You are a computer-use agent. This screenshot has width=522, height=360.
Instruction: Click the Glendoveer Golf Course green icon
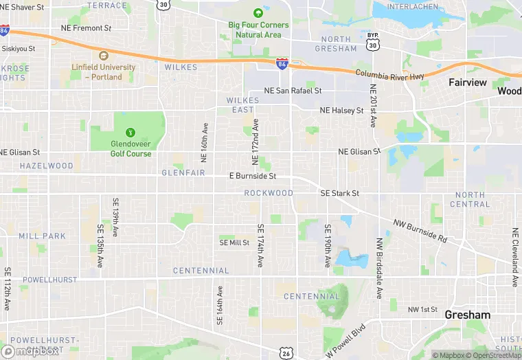click(x=130, y=132)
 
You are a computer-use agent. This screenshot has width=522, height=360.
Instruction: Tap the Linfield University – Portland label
click(x=103, y=72)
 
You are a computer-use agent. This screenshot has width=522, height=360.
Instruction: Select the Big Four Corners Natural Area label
click(x=258, y=30)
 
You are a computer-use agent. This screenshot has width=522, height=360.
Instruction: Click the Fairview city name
click(x=468, y=82)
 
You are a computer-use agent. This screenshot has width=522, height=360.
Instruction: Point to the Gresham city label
click(x=468, y=315)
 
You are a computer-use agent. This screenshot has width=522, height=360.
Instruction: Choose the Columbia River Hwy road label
click(x=390, y=74)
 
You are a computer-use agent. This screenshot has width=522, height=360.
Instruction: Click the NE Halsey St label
click(x=341, y=111)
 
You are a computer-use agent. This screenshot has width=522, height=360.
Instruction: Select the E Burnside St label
click(x=252, y=176)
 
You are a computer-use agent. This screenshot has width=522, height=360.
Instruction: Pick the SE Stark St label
click(x=339, y=194)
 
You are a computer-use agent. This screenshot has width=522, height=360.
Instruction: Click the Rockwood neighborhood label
click(x=269, y=193)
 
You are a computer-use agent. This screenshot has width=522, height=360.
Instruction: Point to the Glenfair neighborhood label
click(x=183, y=172)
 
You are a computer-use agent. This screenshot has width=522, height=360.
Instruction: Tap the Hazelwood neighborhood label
click(x=47, y=166)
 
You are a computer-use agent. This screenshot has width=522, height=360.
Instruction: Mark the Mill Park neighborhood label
click(x=43, y=236)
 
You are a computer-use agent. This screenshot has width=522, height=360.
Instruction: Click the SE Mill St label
click(x=234, y=243)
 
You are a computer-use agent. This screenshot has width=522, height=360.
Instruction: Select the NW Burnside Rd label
click(x=420, y=231)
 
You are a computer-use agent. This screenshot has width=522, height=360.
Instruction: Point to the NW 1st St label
click(x=422, y=310)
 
